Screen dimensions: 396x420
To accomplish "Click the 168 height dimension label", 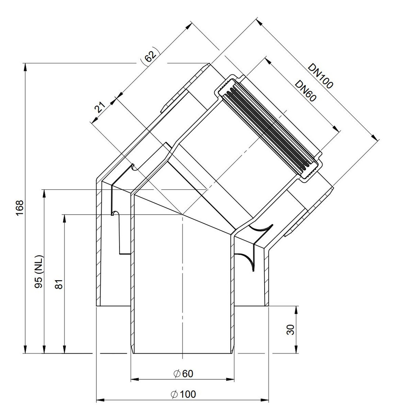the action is tap(19, 207).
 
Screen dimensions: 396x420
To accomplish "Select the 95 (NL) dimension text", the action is tap(39, 272).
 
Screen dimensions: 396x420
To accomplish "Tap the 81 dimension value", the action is tap(59, 284).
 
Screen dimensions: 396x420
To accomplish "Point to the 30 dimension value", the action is tap(291, 330).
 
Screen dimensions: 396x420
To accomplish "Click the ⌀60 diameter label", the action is tap(183, 374).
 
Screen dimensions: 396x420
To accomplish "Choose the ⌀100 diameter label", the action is tap(183, 394).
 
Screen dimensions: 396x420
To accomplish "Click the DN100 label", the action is tap(320, 76).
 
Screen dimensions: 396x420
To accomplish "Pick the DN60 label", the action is tap(306, 91).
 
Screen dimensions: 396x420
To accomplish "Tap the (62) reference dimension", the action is tap(150, 56).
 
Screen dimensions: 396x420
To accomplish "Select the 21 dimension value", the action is tap(100, 107).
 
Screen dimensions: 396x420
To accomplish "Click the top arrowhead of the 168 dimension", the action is tap(25, 67).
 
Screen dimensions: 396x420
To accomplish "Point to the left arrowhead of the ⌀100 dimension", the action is tap(100, 400).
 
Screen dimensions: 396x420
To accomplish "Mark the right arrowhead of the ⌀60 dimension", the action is tap(230, 379).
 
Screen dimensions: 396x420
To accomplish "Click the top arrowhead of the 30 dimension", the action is tap(296, 310).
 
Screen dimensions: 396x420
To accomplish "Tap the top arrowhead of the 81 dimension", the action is tap(64, 219).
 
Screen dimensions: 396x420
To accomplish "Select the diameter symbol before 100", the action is tap(174, 394).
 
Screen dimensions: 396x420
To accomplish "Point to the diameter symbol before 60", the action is tap(177, 374).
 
